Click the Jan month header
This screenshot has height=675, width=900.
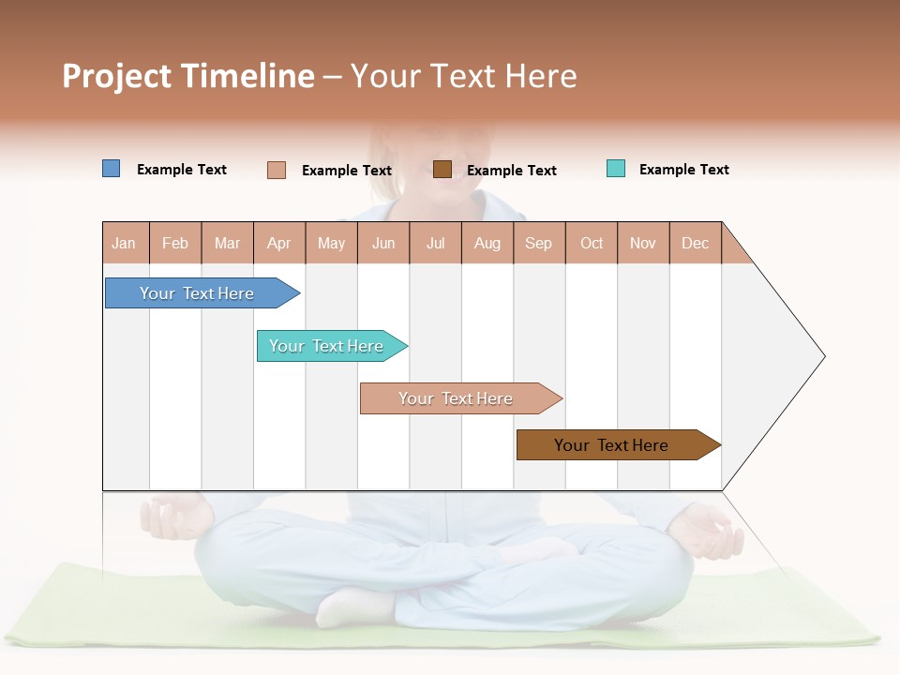click(125, 244)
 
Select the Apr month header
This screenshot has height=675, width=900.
click(279, 244)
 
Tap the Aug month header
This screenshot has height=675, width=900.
click(487, 244)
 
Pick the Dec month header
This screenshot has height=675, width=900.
click(696, 244)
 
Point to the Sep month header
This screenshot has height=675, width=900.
click(539, 244)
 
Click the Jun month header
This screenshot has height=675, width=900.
click(383, 244)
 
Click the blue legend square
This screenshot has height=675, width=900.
click(111, 169)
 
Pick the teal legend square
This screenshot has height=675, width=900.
click(616, 169)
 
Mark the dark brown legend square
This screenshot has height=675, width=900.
click(442, 169)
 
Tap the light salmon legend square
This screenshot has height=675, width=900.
click(277, 170)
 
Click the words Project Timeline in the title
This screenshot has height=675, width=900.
click(188, 76)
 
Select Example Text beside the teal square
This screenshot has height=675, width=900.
click(684, 170)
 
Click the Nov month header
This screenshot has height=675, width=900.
click(643, 244)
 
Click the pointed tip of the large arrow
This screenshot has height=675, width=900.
click(822, 356)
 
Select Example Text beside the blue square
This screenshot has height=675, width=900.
click(182, 170)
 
